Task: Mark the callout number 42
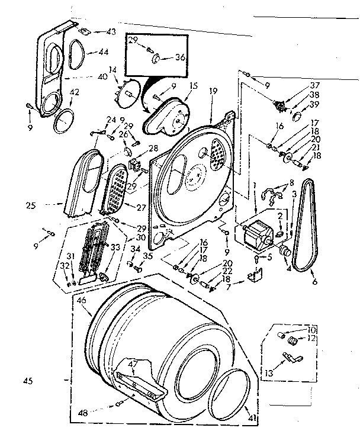click(75, 92)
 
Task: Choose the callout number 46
click(82, 301)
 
